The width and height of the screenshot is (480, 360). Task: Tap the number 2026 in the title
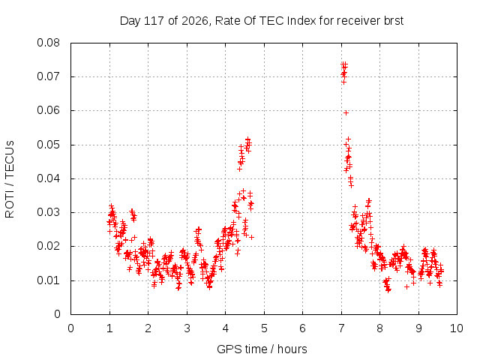pyautogui.click(x=195, y=21)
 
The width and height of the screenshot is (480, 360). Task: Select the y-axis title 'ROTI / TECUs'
pyautogui.click(x=10, y=179)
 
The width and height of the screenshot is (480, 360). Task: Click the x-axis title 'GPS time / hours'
pyautogui.click(x=262, y=349)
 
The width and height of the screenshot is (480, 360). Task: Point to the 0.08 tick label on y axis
pyautogui.click(x=48, y=43)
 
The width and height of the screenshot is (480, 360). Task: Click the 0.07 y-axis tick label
pyautogui.click(x=48, y=76)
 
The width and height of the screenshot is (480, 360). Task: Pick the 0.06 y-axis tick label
pyautogui.click(x=48, y=110)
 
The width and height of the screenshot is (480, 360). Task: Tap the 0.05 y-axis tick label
pyautogui.click(x=48, y=145)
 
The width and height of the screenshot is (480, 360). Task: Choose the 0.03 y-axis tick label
pyautogui.click(x=48, y=212)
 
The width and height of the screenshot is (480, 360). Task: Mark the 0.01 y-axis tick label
pyautogui.click(x=48, y=280)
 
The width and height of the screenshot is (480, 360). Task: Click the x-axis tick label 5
pyautogui.click(x=264, y=328)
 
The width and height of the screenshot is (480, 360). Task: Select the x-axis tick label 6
pyautogui.click(x=302, y=328)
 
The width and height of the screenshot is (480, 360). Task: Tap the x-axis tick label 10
pyautogui.click(x=457, y=328)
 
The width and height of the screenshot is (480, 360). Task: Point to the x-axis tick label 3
pyautogui.click(x=187, y=328)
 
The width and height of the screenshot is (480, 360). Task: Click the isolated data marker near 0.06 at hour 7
pyautogui.click(x=346, y=113)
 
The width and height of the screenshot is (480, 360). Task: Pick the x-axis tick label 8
pyautogui.click(x=379, y=328)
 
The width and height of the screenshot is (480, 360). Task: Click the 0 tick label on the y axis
pyautogui.click(x=57, y=314)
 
